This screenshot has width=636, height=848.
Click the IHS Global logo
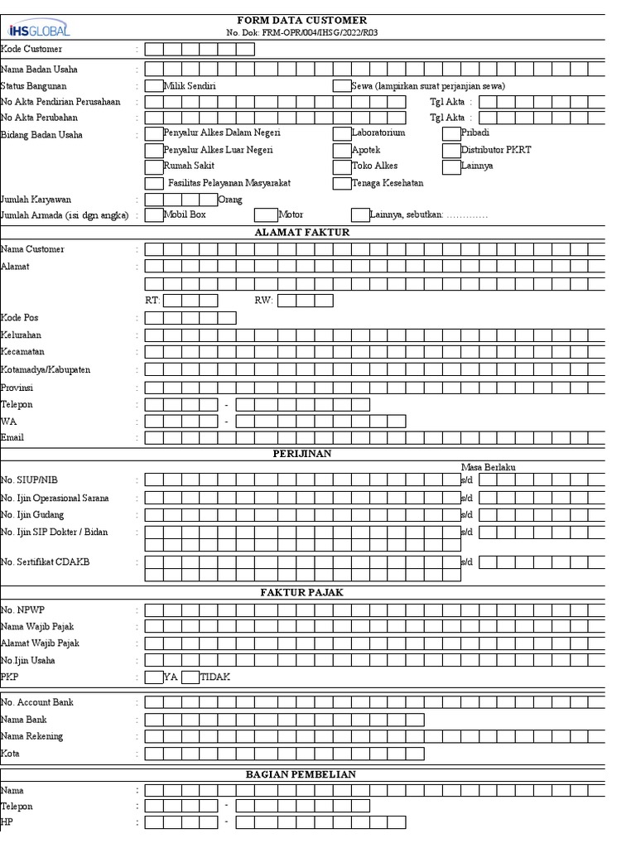click(x=38, y=30)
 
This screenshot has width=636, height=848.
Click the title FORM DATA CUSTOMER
click(x=302, y=20)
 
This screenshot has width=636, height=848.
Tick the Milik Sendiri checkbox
click(x=154, y=86)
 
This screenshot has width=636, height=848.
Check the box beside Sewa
click(x=341, y=86)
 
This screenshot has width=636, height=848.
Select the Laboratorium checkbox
click(x=341, y=133)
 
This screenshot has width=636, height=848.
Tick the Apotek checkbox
click(x=341, y=151)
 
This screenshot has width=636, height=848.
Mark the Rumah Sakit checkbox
click(x=154, y=166)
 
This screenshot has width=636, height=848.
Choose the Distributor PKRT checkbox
click(x=451, y=151)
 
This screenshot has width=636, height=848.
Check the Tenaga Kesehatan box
click(x=341, y=183)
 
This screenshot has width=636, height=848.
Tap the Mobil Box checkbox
click(x=154, y=215)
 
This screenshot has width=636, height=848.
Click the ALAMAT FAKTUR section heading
click(x=302, y=233)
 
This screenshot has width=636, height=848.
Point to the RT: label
click(x=152, y=301)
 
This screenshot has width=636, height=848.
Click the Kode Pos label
click(x=20, y=318)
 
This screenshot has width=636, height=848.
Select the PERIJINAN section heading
click(x=302, y=454)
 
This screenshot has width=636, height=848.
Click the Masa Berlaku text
click(x=488, y=468)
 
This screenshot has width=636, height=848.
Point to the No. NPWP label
click(x=22, y=610)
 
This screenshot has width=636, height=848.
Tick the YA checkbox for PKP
click(x=154, y=677)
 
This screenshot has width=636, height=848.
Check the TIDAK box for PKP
click(x=190, y=677)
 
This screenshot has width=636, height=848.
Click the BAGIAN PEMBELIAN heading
click(x=301, y=774)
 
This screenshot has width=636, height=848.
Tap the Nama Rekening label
click(x=32, y=736)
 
